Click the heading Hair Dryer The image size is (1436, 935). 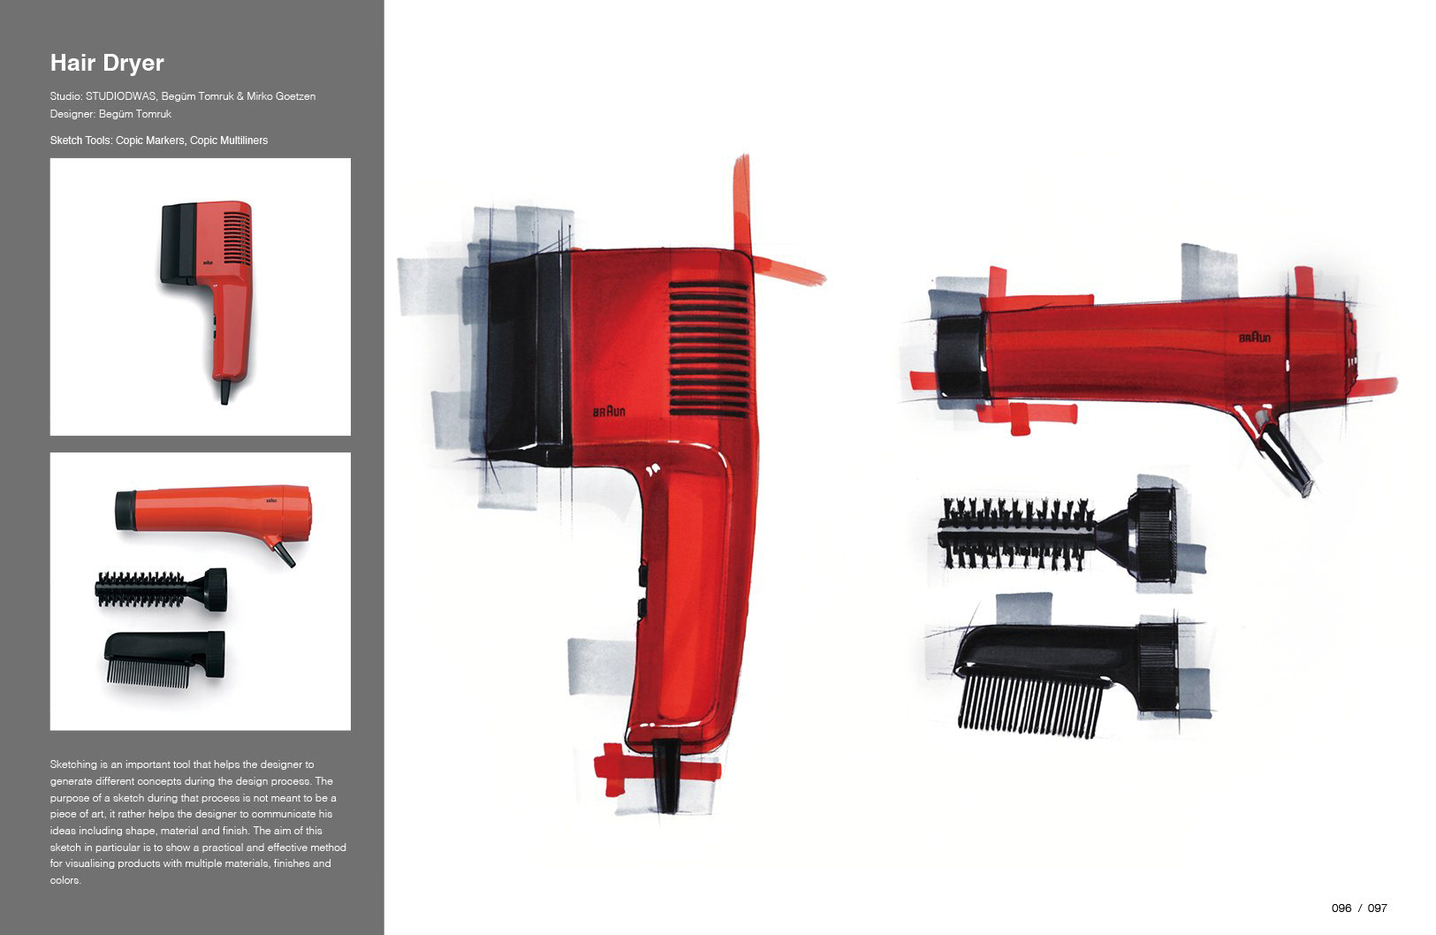[107, 63]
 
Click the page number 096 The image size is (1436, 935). [1341, 908]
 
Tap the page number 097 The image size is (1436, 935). [1377, 908]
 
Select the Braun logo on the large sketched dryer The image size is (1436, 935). [608, 411]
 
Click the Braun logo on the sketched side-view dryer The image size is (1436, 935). [1254, 338]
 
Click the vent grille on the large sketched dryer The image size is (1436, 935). [709, 349]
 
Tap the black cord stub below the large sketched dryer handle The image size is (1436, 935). [666, 775]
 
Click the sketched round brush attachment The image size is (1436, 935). [1058, 534]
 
